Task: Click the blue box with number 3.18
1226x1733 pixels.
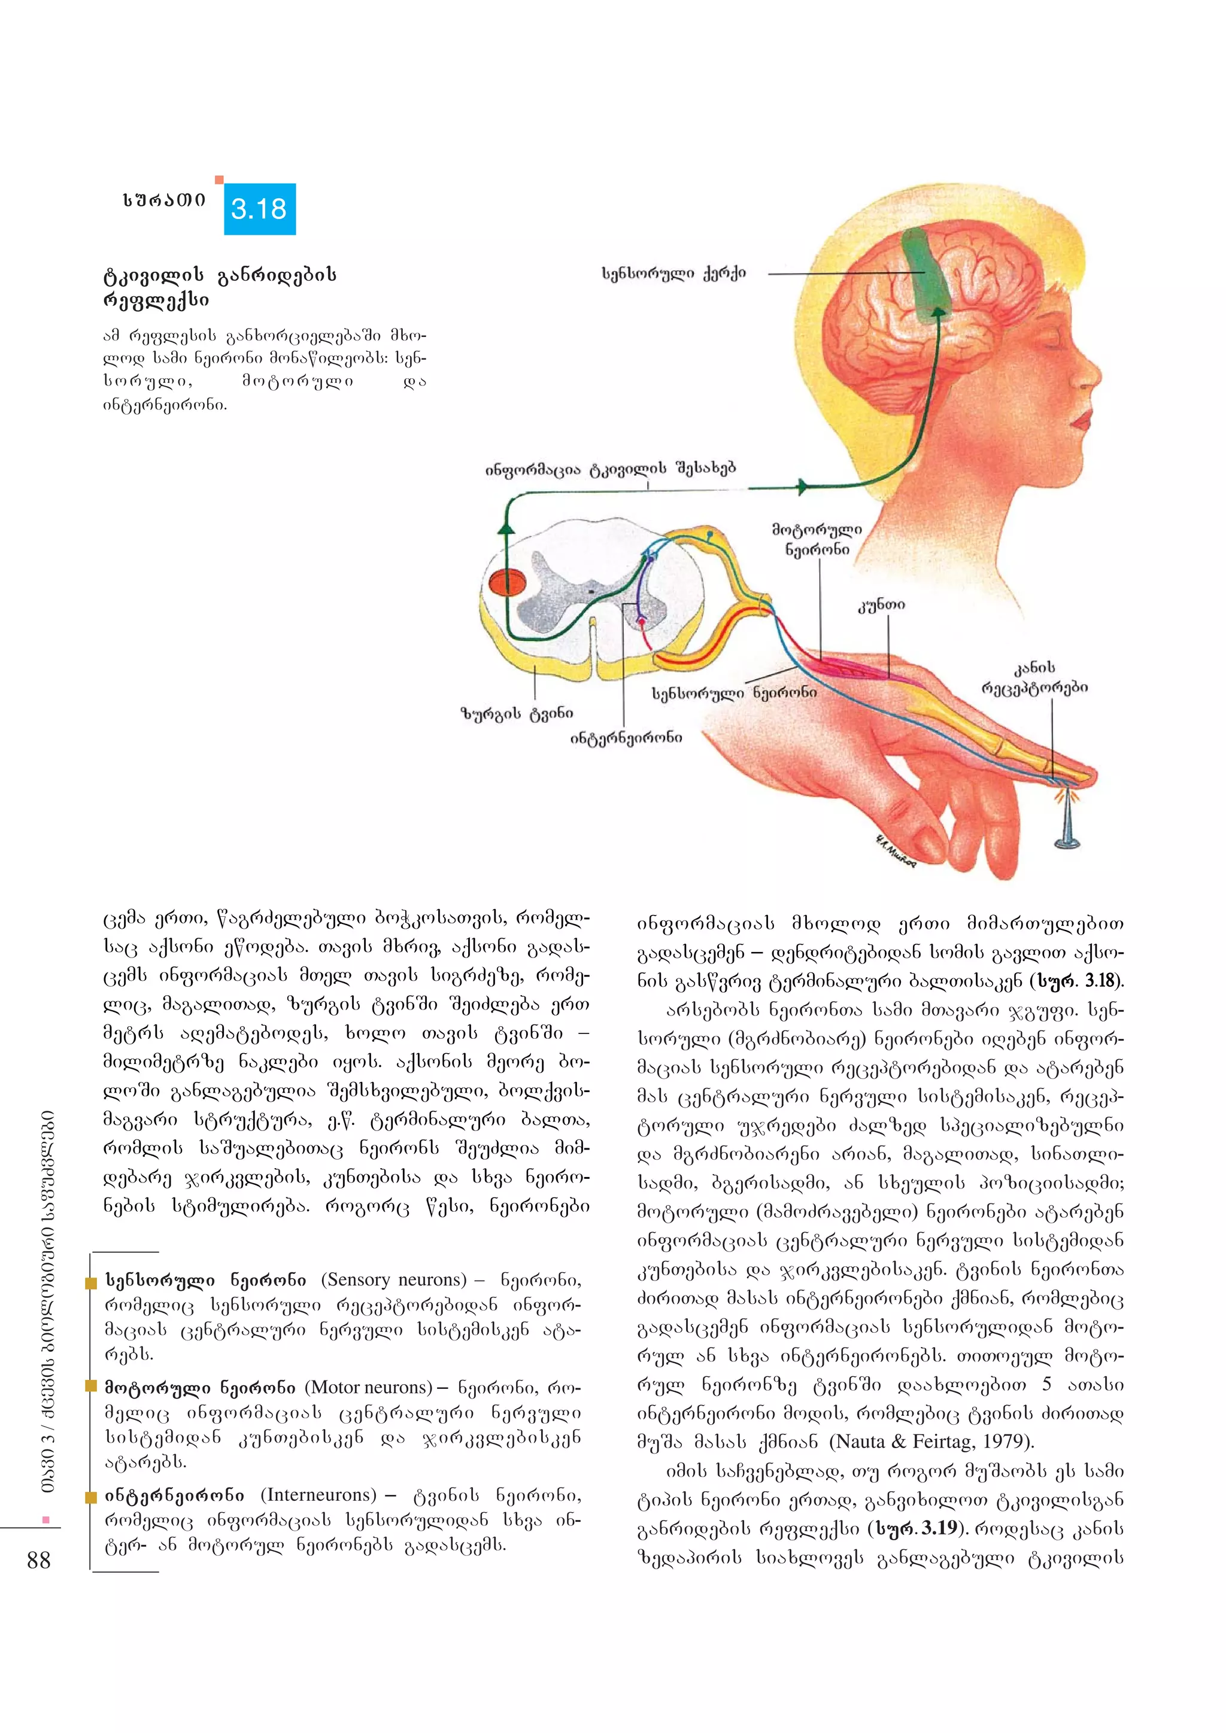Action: (x=260, y=208)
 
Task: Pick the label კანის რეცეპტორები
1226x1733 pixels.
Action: (x=1034, y=678)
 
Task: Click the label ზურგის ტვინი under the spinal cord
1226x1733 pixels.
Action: (x=517, y=713)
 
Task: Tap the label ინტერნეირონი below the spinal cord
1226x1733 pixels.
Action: (x=626, y=737)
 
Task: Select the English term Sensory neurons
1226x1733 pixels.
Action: (x=394, y=1279)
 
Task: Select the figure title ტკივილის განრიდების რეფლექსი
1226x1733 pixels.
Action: (x=219, y=287)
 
